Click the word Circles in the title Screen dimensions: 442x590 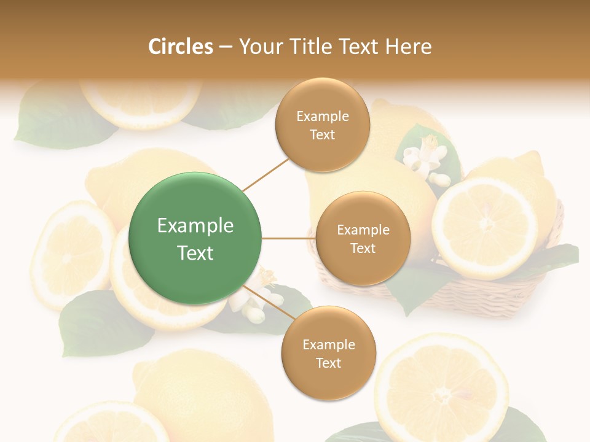pyautogui.click(x=181, y=47)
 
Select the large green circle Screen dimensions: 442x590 pyautogui.click(x=195, y=238)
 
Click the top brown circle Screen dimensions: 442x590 pyautogui.click(x=323, y=125)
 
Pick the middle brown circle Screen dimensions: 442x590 pyautogui.click(x=363, y=238)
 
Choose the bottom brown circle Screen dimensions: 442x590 pyautogui.click(x=328, y=353)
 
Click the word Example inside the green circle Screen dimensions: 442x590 pyautogui.click(x=195, y=226)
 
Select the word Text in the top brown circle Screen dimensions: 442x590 pyautogui.click(x=323, y=135)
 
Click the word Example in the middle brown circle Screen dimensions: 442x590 pyautogui.click(x=363, y=230)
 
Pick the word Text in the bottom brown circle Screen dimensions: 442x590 pyautogui.click(x=328, y=363)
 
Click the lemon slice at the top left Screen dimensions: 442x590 pyautogui.click(x=141, y=101)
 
